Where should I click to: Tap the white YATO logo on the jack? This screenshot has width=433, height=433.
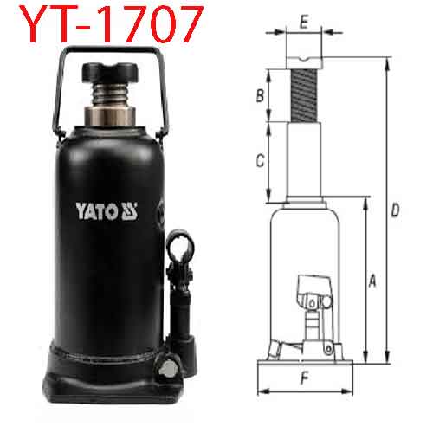[109, 209]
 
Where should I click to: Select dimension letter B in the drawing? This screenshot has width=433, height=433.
[260, 95]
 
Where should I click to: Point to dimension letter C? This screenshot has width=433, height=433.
[260, 160]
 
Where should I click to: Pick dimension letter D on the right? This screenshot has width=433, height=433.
[394, 210]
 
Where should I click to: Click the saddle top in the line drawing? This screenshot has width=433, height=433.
[304, 60]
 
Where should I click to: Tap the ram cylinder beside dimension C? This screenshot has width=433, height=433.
[304, 160]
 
